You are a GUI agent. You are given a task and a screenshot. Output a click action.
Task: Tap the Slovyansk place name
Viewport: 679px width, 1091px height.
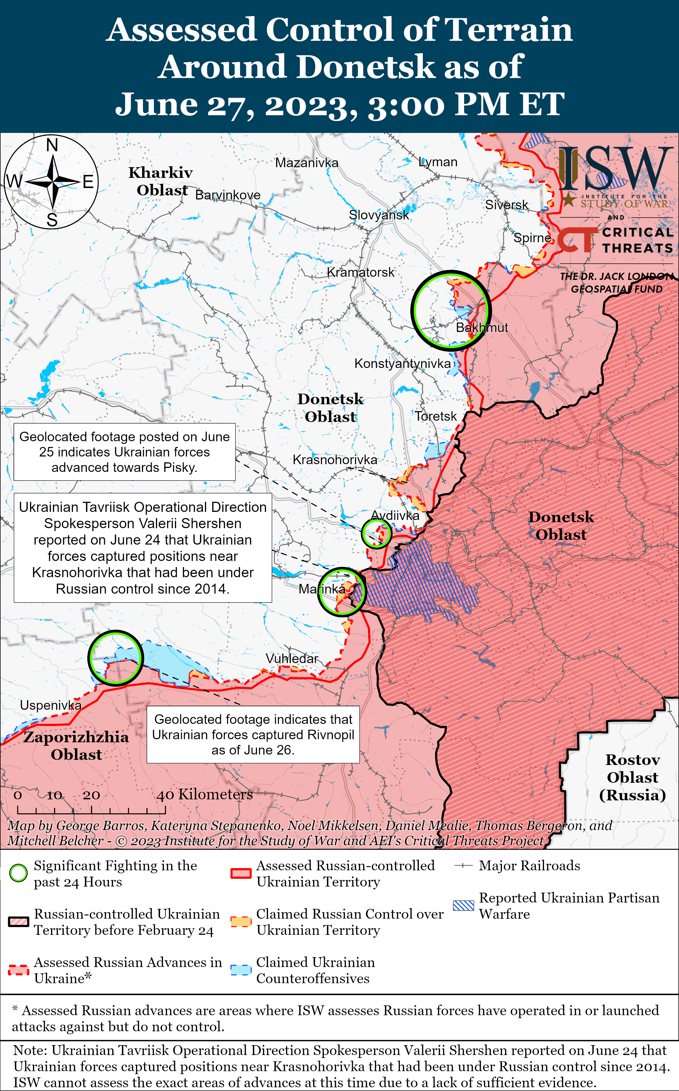[x=379, y=215]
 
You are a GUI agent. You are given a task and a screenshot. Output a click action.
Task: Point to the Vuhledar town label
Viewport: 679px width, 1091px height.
[x=292, y=659]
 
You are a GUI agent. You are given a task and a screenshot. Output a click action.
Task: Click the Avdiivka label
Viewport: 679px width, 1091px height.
[x=395, y=516]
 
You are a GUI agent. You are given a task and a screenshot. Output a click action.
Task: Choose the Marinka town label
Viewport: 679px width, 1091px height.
[x=322, y=589]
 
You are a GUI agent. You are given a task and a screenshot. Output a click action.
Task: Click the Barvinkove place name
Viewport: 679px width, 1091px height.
[x=228, y=195]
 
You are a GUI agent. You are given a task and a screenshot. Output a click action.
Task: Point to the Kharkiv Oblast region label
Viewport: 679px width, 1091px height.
[x=161, y=181]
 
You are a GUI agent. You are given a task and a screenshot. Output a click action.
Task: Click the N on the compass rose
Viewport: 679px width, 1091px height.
[x=52, y=145]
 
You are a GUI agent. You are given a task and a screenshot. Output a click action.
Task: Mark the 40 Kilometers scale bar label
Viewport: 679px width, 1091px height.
[x=204, y=794]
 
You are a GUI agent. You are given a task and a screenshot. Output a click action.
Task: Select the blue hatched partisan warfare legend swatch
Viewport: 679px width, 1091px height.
[x=463, y=905]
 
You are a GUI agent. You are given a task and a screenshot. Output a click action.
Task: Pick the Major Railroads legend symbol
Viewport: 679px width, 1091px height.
[x=463, y=865]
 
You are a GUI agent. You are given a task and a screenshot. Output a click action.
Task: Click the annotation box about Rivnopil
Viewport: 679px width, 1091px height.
[x=253, y=735]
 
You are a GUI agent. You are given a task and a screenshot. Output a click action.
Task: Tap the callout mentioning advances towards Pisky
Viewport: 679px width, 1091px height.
[x=124, y=452]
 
